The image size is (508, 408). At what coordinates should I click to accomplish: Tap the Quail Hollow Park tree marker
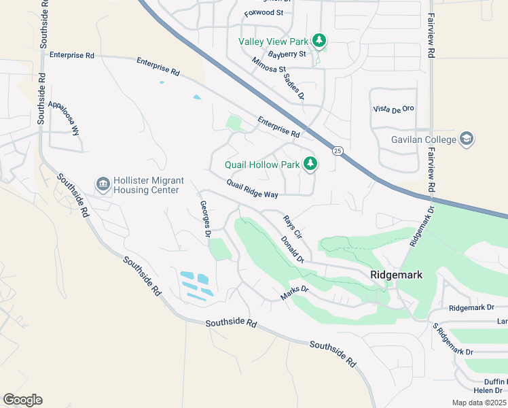(x=310, y=163)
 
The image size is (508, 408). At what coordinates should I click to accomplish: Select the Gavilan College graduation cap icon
(x=467, y=139)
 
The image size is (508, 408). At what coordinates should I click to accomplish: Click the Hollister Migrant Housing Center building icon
(x=103, y=184)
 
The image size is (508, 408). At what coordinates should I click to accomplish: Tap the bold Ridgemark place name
(x=397, y=275)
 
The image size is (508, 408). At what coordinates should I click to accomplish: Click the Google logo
(x=22, y=400)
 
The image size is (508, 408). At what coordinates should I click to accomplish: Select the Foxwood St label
(x=264, y=12)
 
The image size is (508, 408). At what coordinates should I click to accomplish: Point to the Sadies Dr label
(x=293, y=86)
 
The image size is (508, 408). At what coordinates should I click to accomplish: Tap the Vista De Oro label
(x=393, y=109)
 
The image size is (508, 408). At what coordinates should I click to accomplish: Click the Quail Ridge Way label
(x=252, y=189)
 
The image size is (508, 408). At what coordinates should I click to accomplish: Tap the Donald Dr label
(x=292, y=250)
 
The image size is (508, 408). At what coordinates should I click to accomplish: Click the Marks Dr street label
(x=295, y=293)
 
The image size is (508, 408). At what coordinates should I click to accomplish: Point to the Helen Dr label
(x=489, y=390)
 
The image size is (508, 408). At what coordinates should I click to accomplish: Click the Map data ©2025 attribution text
(x=478, y=403)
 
